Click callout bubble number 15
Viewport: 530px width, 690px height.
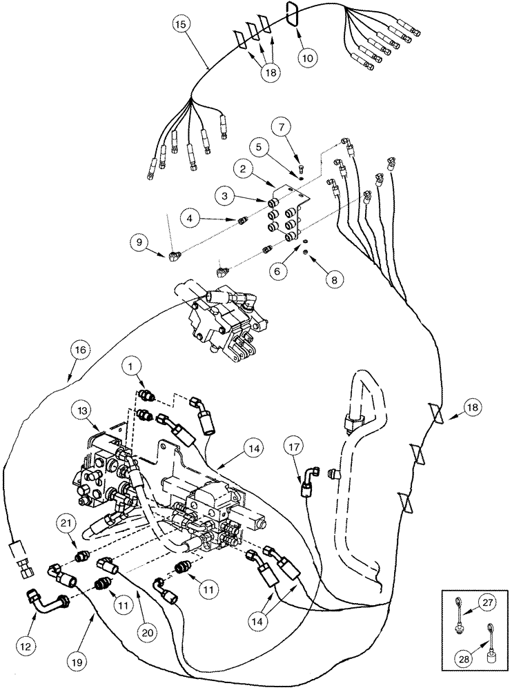pos(180,25)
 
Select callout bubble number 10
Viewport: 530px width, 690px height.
pos(308,58)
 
